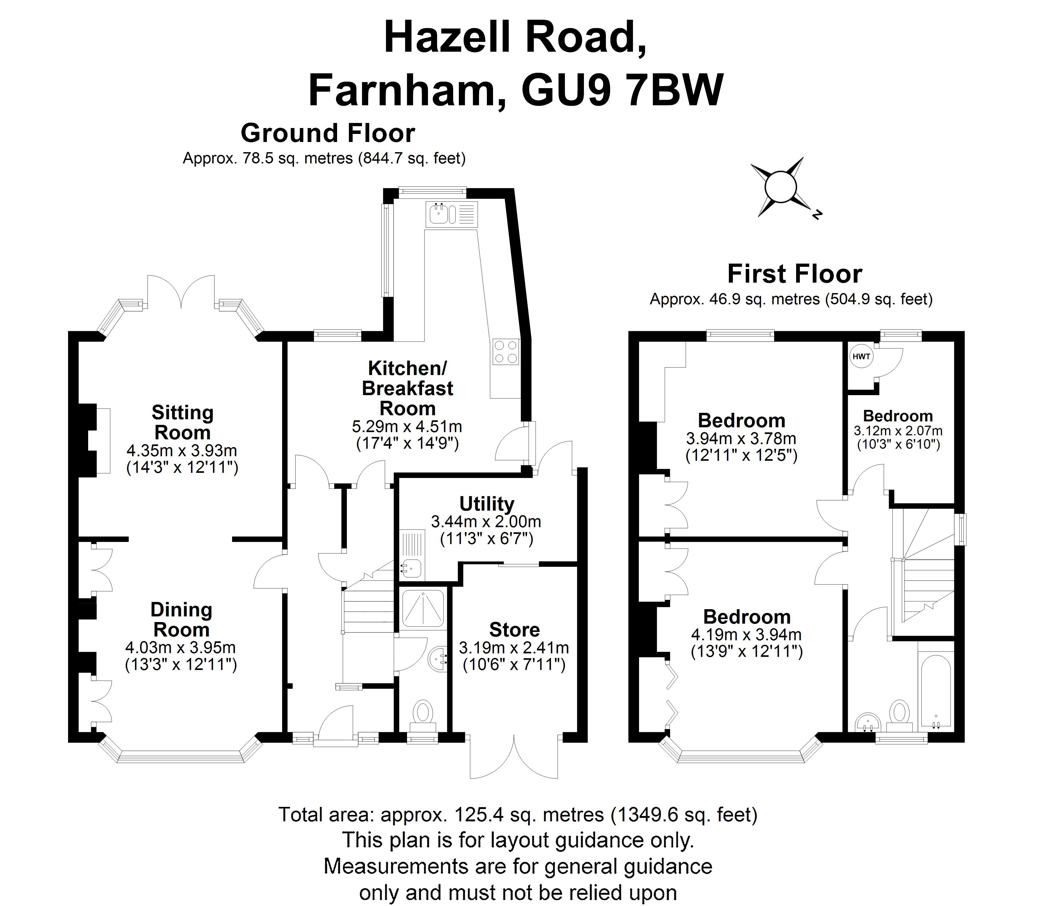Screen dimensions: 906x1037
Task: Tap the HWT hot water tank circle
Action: (861, 357)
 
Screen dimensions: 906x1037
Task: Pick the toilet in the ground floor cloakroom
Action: (423, 713)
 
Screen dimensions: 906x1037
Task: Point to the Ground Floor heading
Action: (328, 133)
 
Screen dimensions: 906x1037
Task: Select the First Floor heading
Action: (794, 274)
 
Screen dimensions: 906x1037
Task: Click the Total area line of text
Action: (518, 814)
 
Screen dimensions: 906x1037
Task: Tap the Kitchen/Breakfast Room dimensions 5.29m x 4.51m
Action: (407, 426)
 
